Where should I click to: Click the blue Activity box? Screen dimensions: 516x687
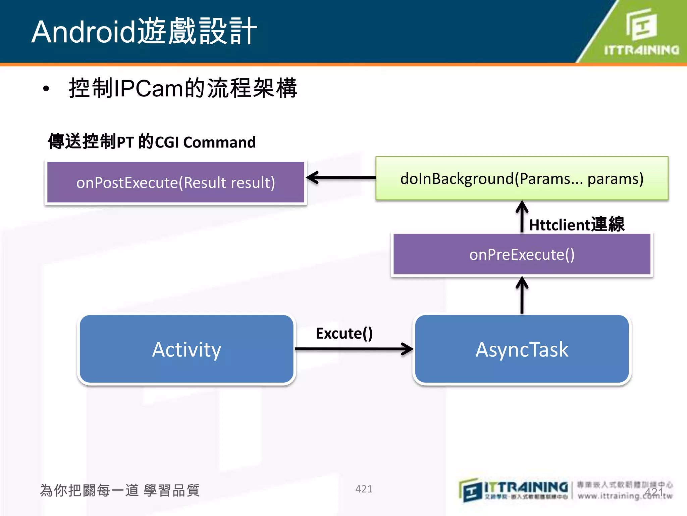(187, 349)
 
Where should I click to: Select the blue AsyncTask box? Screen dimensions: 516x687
(522, 349)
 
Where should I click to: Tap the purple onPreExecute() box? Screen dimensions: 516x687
(522, 254)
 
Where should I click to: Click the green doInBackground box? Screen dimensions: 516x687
(522, 178)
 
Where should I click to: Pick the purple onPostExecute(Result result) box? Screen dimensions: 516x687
(176, 182)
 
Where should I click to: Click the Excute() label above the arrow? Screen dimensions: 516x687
(344, 333)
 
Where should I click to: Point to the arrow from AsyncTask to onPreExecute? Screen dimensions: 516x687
(522, 296)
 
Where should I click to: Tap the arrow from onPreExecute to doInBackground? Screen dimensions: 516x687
(522, 217)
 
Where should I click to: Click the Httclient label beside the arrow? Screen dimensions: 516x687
(576, 224)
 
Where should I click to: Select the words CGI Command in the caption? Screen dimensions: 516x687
(205, 142)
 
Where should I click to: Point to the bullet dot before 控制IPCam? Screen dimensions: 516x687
(46, 89)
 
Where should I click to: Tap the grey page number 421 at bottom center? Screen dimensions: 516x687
(364, 489)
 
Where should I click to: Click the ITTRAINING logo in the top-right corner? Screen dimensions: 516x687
(641, 32)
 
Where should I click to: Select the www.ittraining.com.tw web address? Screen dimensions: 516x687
(625, 496)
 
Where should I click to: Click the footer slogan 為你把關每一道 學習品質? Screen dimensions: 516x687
(120, 490)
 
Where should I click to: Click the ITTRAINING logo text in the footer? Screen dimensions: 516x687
(526, 487)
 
